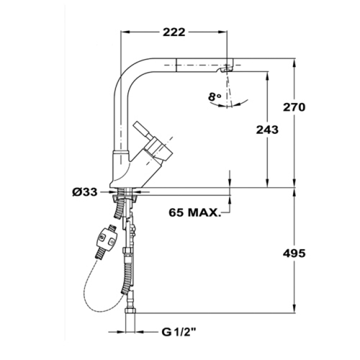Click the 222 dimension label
pos(174,32)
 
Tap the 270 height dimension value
pos(294,107)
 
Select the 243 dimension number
pos(267,130)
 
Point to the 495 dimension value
pos(294,254)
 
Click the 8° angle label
pos(215,97)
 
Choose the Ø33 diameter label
pos(85,192)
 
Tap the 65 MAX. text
pos(195,213)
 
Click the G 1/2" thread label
pos(179,332)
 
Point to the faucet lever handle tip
pos(136,124)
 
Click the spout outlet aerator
pos(227,69)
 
